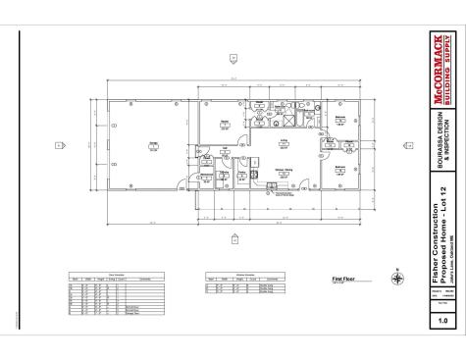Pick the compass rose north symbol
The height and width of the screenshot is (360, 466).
pos(395,279)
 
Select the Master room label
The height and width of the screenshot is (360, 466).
pos(225,123)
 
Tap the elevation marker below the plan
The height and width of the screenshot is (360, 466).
pos(233,238)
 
